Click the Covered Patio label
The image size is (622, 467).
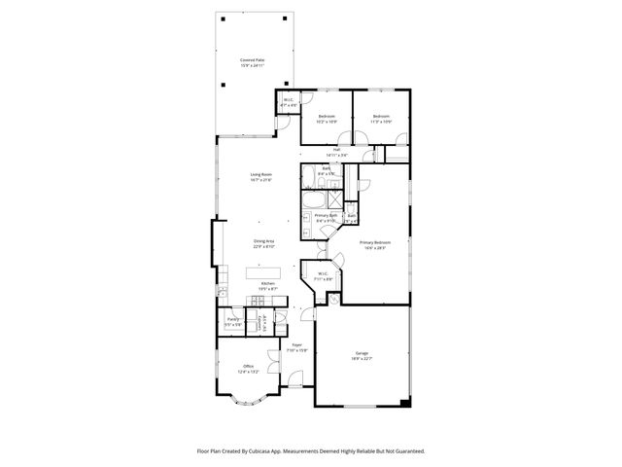point(253,62)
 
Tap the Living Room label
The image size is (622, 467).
point(260,177)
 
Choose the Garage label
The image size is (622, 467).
point(363,357)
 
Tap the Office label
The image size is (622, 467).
point(248,368)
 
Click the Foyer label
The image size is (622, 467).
point(297,346)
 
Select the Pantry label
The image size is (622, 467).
point(233,321)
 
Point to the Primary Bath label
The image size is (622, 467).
point(325,218)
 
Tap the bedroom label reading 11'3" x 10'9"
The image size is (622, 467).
point(382,119)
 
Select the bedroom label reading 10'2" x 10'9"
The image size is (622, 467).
point(327,119)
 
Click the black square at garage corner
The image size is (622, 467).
point(408,403)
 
